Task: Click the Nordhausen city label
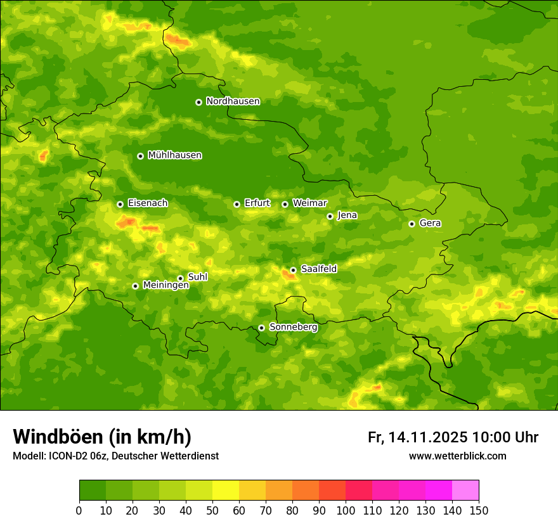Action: tap(233, 101)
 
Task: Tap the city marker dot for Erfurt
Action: tap(237, 204)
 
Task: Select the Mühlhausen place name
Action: tap(174, 155)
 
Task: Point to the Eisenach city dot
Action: tap(120, 204)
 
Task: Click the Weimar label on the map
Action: tap(309, 203)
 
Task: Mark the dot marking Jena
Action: tap(330, 216)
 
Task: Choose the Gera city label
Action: tap(430, 223)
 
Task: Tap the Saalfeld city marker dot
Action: tap(293, 270)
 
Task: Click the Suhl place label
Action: tap(197, 277)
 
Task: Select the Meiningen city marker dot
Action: tap(135, 286)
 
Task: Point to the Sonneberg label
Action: tap(293, 327)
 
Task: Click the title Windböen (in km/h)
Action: tap(102, 437)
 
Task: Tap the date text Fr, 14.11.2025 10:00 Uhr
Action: tap(453, 437)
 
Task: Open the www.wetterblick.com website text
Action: tap(457, 456)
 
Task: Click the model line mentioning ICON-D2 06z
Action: tap(115, 456)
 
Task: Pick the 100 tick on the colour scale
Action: tap(346, 510)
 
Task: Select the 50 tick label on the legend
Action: tap(212, 510)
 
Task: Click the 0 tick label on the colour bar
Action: tap(79, 510)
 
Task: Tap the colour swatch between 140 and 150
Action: tap(465, 490)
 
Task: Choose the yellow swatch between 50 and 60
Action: tap(226, 490)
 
